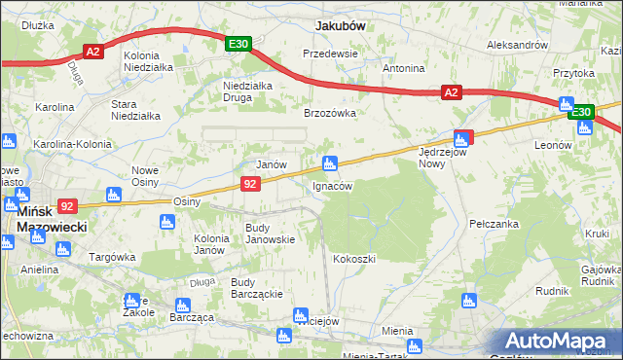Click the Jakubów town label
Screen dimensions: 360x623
tap(340, 26)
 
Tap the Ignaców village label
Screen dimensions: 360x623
tap(332, 185)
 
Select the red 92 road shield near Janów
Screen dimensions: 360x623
tap(250, 183)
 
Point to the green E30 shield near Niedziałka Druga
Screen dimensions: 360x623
tap(239, 44)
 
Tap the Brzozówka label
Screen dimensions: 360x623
tap(330, 113)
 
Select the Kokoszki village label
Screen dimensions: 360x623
tap(353, 259)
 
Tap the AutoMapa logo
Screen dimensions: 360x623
tap(559, 341)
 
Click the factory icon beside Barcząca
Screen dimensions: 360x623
tap(179, 306)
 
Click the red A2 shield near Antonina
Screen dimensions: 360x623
tap(450, 92)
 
